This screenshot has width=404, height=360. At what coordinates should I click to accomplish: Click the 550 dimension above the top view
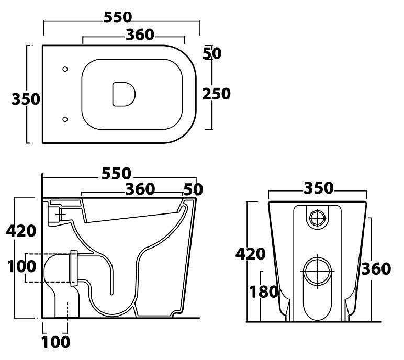117,17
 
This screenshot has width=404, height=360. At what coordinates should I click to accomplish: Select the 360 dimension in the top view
140,35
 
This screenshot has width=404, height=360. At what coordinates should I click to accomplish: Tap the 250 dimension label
216,94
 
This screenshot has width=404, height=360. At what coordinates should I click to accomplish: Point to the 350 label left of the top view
26,99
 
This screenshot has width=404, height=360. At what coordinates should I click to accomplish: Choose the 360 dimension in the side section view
140,189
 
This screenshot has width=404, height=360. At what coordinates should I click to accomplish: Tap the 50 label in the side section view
193,189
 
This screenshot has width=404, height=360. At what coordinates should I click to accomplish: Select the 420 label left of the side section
21,231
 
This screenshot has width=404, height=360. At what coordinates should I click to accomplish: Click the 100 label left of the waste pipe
21,266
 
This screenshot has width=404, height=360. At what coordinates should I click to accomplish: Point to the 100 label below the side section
56,342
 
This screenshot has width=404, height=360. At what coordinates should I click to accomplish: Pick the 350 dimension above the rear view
318,188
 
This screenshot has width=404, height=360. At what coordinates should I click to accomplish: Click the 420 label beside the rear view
250,254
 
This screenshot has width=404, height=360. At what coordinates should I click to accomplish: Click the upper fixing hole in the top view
65,69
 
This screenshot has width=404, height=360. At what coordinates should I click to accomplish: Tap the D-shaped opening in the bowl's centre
124,94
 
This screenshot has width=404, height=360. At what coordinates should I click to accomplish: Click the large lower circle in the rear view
318,272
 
